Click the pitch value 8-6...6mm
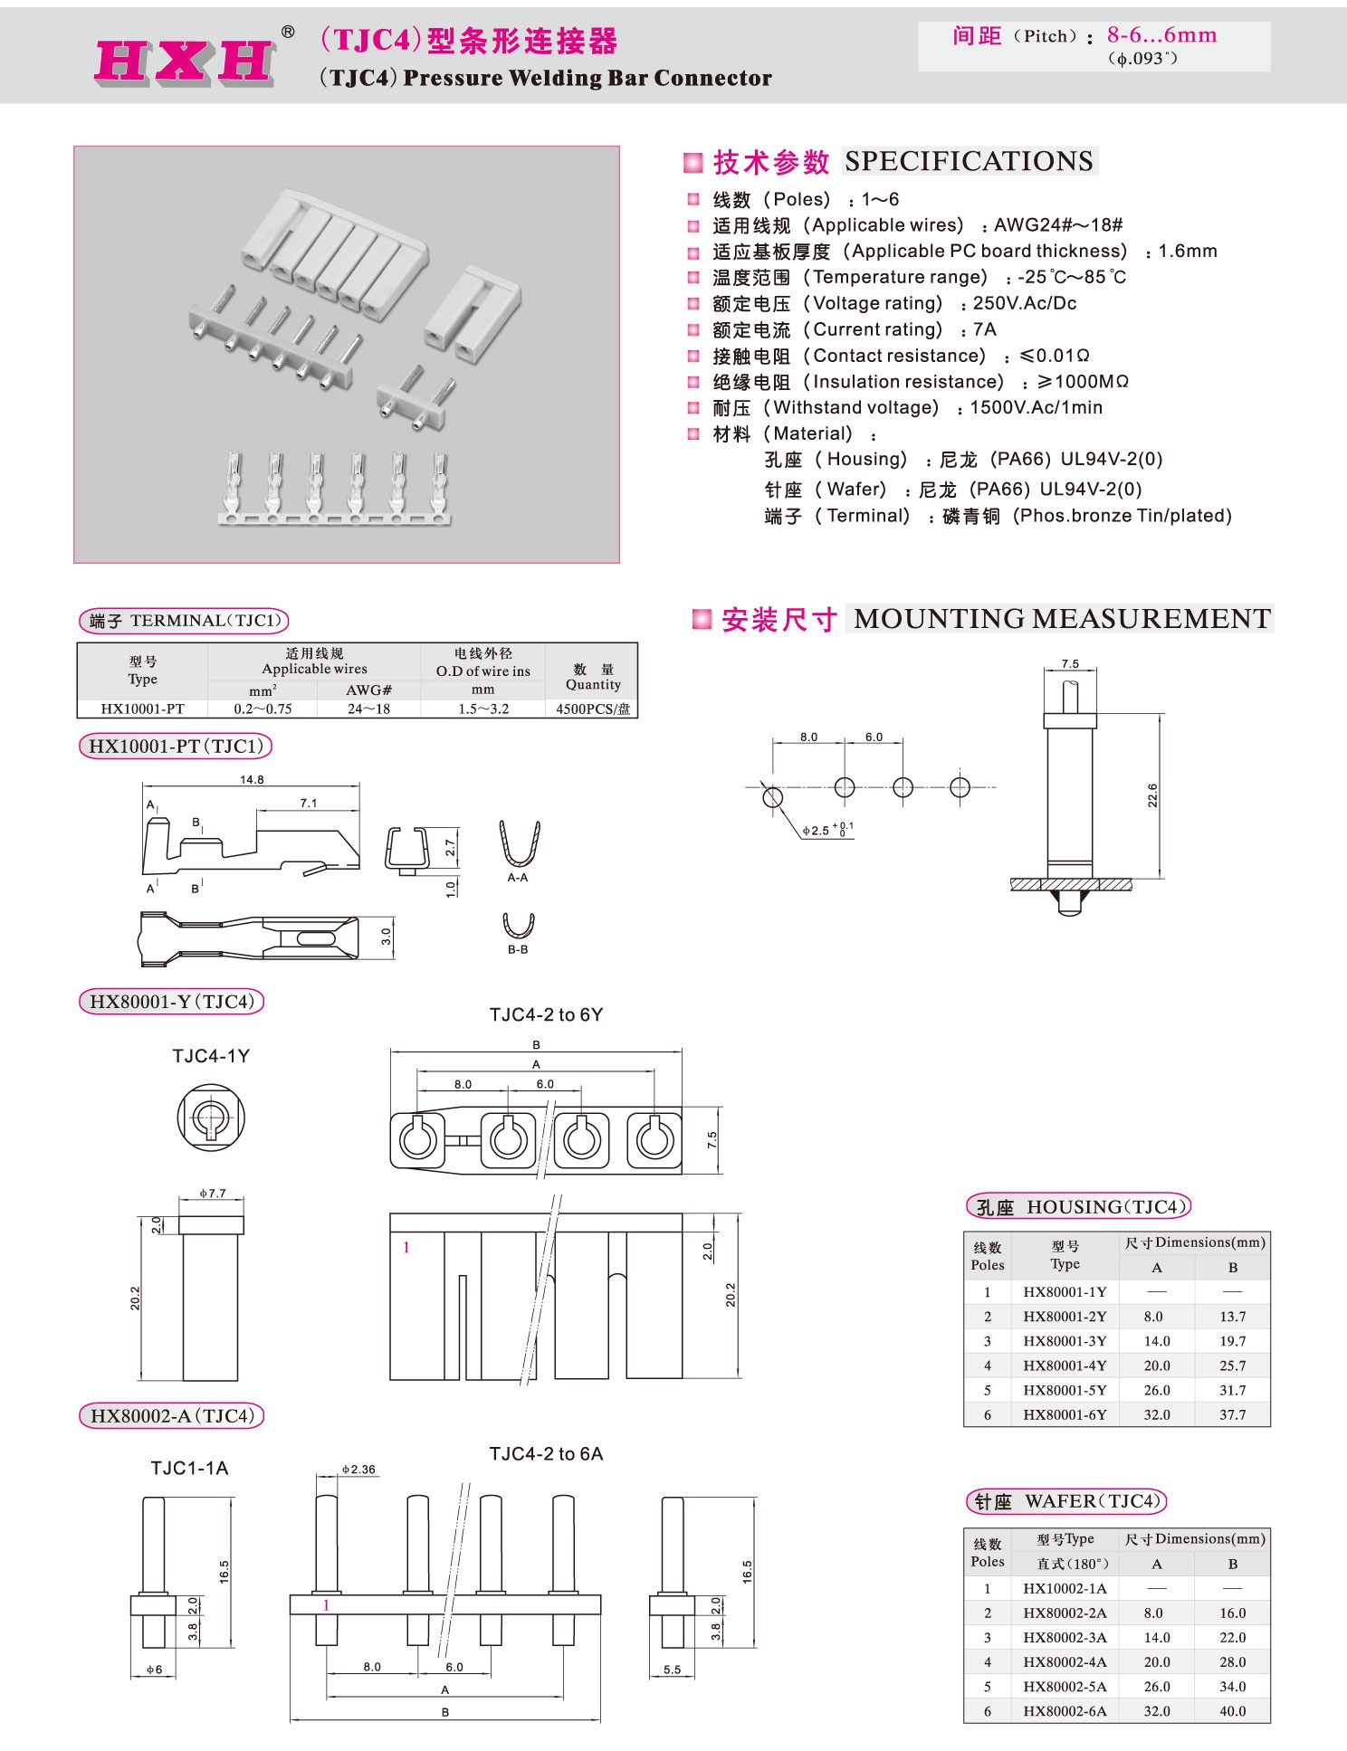1161,35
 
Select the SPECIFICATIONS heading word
969,161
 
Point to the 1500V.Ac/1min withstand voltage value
1036,407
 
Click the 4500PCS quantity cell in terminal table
592,709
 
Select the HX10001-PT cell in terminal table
142,709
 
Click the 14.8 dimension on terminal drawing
252,779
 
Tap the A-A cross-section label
518,878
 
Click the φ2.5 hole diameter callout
825,830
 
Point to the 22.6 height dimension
1152,795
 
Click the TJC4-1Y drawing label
211,1055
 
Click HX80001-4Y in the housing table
1065,1366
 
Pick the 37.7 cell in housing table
1232,1414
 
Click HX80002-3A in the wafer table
1065,1637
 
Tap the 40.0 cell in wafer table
1232,1710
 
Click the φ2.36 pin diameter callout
358,1469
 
